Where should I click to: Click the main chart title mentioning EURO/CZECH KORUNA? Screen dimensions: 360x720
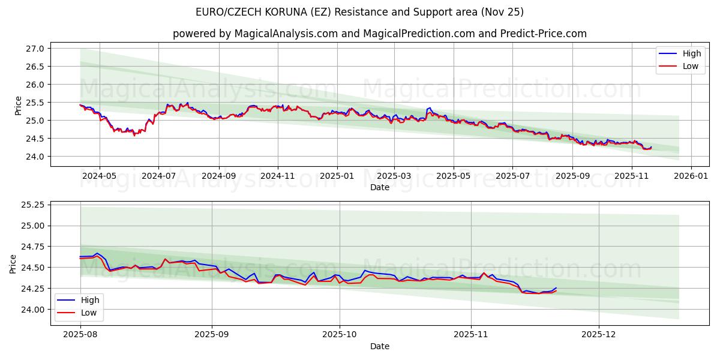pyautogui.click(x=359, y=12)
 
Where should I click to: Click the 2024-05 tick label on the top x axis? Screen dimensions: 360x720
pyautogui.click(x=99, y=176)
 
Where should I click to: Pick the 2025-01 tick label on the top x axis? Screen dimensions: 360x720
pyautogui.click(x=337, y=176)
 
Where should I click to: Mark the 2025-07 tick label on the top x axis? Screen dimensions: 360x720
pyautogui.click(x=512, y=176)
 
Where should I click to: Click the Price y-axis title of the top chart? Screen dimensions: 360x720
pyautogui.click(x=18, y=106)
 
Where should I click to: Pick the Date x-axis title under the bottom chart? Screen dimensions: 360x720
pyautogui.click(x=379, y=346)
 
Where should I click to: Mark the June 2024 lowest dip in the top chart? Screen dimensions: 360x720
pyautogui.click(x=134, y=135)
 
